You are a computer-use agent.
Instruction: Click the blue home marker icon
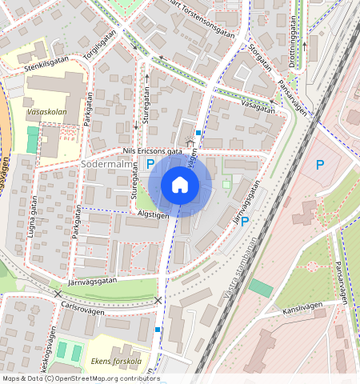[x=180, y=186]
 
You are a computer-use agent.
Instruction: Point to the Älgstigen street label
[x=151, y=214]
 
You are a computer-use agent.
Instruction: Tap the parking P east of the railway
[x=320, y=166]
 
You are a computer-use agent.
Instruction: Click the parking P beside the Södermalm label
[x=150, y=163]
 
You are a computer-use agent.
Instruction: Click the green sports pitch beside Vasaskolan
[x=32, y=140]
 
